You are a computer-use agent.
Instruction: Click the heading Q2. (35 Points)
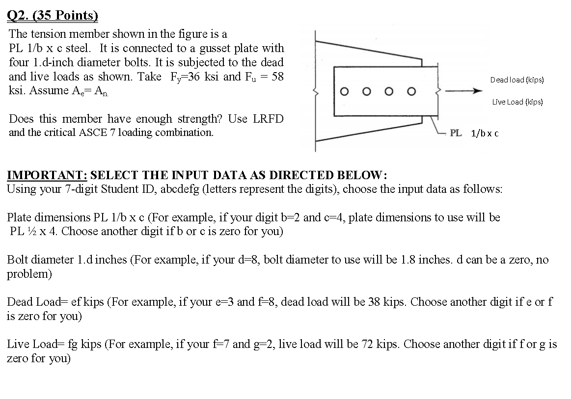tap(53, 16)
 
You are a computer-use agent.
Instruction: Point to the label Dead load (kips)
tap(517, 80)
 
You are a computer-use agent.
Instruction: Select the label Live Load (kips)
tap(517, 102)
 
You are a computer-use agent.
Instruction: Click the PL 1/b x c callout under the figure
tap(474, 133)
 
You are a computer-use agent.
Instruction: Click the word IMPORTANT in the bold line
tap(47, 175)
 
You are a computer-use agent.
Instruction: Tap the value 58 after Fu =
tap(277, 77)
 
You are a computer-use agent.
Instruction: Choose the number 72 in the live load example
tap(366, 344)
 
